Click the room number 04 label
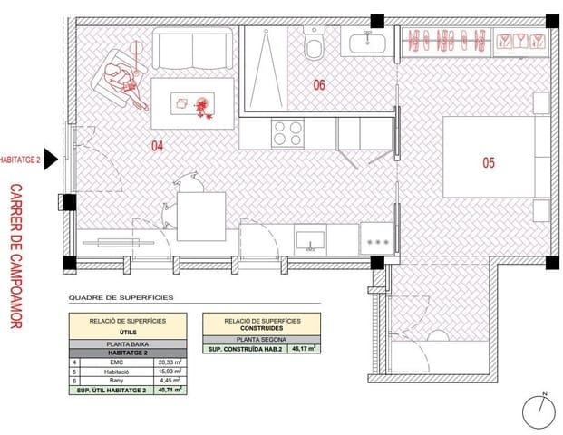tap(157, 145)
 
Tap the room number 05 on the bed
tap(488, 163)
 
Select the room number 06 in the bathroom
tap(319, 86)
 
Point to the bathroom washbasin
tap(366, 41)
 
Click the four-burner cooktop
tap(287, 133)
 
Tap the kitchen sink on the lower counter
tap(311, 239)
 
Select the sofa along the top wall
tap(192, 45)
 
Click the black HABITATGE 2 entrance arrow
tap(52, 159)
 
